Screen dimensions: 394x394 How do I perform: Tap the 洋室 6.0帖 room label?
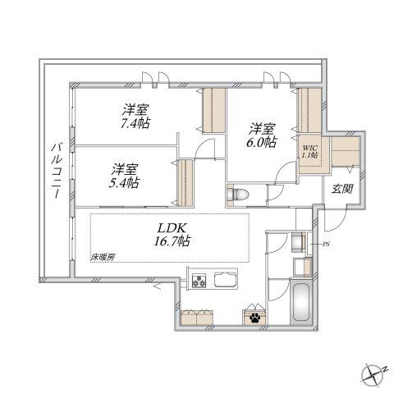coord(262,135)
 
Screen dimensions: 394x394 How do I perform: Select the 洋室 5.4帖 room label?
coord(124,176)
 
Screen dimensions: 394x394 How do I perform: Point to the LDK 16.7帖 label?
coord(172,235)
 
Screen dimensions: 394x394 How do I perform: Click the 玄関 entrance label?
coord(342,189)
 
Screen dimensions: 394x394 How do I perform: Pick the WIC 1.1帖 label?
coord(309,151)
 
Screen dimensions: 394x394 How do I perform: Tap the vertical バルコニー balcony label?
coord(57,171)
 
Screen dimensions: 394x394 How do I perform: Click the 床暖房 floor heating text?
coord(103,258)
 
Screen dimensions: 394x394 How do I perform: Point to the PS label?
coord(326,245)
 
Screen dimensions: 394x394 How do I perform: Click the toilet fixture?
coord(237,195)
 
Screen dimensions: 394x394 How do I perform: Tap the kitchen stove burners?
coord(199,281)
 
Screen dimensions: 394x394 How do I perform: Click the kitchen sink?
coord(225,279)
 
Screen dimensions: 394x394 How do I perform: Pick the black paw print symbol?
coord(254,318)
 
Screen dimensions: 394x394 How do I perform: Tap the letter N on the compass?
coord(385,369)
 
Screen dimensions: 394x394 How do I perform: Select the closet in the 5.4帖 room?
coord(185,182)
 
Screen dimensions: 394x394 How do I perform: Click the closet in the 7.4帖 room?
coord(213,111)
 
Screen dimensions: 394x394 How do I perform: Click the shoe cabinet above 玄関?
coord(345,151)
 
